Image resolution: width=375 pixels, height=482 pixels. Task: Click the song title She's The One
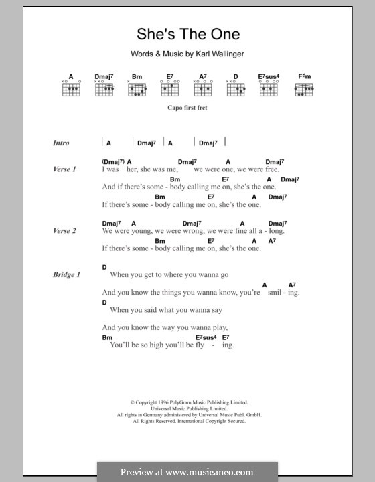(x=187, y=34)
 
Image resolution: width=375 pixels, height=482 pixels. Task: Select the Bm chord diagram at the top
(x=137, y=88)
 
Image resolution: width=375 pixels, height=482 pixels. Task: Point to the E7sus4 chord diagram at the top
(x=269, y=88)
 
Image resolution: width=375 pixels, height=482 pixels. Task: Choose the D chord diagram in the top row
(x=236, y=88)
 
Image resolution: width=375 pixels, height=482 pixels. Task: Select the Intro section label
(x=61, y=143)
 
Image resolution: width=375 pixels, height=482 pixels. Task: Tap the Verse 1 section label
(x=64, y=169)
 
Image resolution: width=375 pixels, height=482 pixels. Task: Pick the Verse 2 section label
(x=64, y=231)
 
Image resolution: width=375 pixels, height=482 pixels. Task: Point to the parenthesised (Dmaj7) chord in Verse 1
(x=112, y=162)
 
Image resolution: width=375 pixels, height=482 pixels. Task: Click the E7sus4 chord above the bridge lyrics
(x=208, y=337)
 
